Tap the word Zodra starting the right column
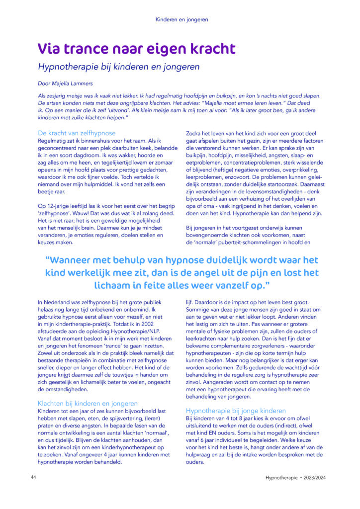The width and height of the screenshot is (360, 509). (194, 133)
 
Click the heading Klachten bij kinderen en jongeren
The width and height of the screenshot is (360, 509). (88, 403)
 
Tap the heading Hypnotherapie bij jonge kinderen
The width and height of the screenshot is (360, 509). (236, 411)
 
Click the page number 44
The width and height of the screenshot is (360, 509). (33, 477)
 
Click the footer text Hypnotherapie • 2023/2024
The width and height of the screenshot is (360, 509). (296, 477)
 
